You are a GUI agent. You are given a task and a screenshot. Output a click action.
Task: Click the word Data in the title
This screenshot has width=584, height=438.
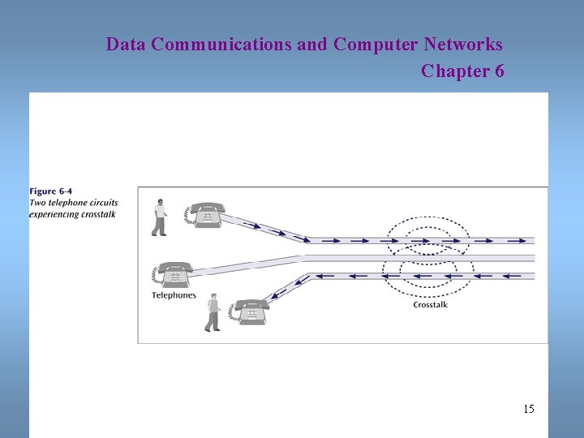click(125, 44)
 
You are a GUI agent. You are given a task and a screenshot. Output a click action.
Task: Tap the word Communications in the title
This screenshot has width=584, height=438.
click(221, 44)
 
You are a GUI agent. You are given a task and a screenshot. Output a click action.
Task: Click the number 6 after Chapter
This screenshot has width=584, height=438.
click(498, 71)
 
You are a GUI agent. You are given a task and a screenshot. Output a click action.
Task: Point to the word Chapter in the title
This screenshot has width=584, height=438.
click(453, 71)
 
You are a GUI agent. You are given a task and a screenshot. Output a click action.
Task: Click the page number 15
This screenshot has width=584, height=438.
click(529, 409)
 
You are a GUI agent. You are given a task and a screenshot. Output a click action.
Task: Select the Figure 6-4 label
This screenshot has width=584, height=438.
click(50, 191)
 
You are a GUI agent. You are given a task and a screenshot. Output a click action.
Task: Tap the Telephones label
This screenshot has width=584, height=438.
click(174, 295)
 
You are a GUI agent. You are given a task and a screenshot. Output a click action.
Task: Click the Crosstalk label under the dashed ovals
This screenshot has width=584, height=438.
click(430, 305)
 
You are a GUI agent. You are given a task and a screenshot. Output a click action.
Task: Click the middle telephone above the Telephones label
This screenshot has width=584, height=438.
click(174, 274)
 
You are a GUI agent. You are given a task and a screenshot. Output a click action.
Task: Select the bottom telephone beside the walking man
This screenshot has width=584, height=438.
click(249, 311)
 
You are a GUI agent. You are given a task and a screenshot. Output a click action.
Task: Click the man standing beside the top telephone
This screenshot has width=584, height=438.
click(160, 217)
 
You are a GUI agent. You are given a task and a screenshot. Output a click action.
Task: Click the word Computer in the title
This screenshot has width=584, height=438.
click(373, 44)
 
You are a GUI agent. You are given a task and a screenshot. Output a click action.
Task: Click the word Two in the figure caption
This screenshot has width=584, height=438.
click(37, 203)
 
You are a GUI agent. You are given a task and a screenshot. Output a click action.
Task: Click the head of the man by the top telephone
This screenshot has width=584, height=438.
click(160, 202)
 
